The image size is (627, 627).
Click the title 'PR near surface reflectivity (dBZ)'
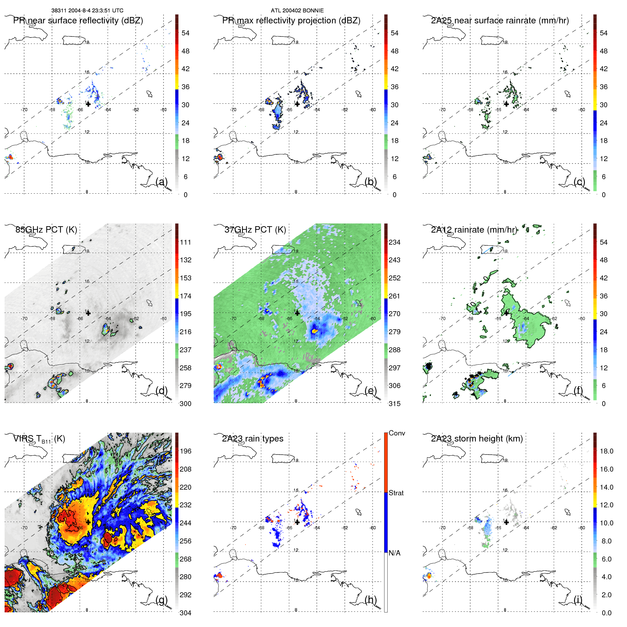coord(78,21)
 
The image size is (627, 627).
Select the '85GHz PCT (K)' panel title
coord(46,230)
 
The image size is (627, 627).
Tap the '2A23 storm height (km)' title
coord(477,439)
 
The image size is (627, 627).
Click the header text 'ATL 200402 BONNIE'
coord(297,11)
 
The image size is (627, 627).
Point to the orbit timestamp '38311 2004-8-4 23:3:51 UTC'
coord(87,11)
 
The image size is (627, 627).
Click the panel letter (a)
coord(161,182)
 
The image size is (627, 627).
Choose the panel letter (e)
coord(370,391)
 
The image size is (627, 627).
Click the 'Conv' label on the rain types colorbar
coord(397,433)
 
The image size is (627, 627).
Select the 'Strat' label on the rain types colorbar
coord(396,493)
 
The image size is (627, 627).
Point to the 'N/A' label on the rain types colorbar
coord(394,553)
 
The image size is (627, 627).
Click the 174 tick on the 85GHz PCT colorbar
coord(186,296)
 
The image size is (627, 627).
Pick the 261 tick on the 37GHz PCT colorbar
coord(394,296)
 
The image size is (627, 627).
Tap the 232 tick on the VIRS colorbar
coord(186,505)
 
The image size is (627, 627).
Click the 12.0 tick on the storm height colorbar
coord(606,505)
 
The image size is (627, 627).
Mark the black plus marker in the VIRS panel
coord(88,522)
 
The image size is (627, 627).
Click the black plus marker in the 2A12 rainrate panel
coord(506,313)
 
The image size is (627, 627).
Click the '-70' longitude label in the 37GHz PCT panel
coord(233,319)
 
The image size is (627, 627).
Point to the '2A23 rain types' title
coord(252,439)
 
